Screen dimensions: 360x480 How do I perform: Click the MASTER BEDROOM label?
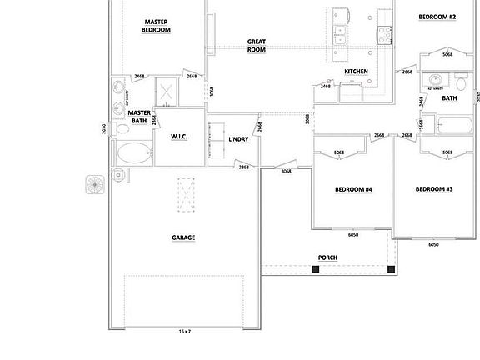[x=157, y=26]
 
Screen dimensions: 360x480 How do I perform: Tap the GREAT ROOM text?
[x=256, y=45]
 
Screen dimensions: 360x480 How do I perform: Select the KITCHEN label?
[x=356, y=72]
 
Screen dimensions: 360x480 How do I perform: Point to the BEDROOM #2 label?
[x=437, y=17]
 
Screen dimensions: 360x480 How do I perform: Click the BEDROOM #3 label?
[x=434, y=189]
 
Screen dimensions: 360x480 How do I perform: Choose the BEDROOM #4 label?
[x=353, y=189]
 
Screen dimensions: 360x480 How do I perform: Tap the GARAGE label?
[x=183, y=237]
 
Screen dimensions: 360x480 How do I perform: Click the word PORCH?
[x=327, y=257]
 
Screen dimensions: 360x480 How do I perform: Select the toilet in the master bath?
[x=120, y=174]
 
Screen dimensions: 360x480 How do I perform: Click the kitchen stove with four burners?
[x=385, y=33]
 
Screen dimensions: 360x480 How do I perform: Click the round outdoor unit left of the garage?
[x=95, y=183]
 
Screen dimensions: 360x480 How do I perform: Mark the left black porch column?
[x=316, y=269]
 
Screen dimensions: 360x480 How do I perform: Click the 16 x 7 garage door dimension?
[x=184, y=332]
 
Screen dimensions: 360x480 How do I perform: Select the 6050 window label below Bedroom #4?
[x=352, y=234]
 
